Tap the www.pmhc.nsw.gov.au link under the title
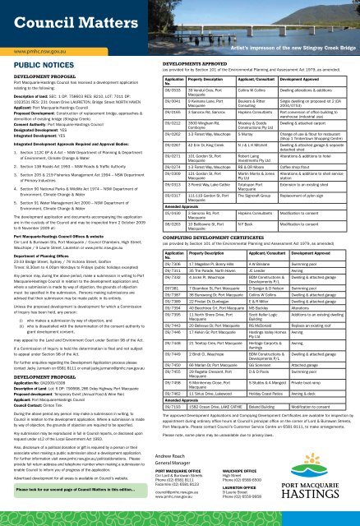tap(39, 61)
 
